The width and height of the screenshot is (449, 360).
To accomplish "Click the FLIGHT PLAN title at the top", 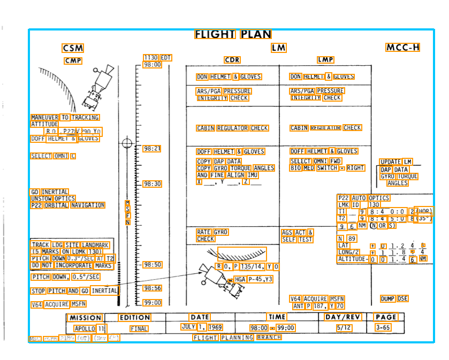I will pos(233,35).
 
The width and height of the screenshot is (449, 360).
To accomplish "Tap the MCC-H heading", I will pos(402,48).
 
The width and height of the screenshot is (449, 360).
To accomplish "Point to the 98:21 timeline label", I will pos(152,148).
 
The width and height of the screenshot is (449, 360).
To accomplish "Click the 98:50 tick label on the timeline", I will pos(152,265).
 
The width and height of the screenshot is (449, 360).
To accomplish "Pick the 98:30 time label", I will pos(152,184).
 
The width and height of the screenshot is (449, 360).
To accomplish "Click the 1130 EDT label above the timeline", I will pos(157,58).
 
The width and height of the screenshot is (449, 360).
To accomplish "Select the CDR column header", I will pos(232,60).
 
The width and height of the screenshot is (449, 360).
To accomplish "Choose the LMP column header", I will pos(325,60).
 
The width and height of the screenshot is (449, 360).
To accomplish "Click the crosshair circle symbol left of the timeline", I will pos(127,143).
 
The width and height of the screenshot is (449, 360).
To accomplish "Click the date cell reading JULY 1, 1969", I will pos(201,327).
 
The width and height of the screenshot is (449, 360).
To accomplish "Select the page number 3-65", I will pos(383,327).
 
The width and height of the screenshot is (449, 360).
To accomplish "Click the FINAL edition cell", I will pos(139,328).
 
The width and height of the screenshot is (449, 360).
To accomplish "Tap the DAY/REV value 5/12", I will pos(344,327).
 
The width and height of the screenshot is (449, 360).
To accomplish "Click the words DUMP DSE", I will pos(394,298).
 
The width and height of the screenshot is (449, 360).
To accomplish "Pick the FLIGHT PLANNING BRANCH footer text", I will pos(237,338).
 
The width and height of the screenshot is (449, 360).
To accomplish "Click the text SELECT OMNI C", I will pos(53,156).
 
